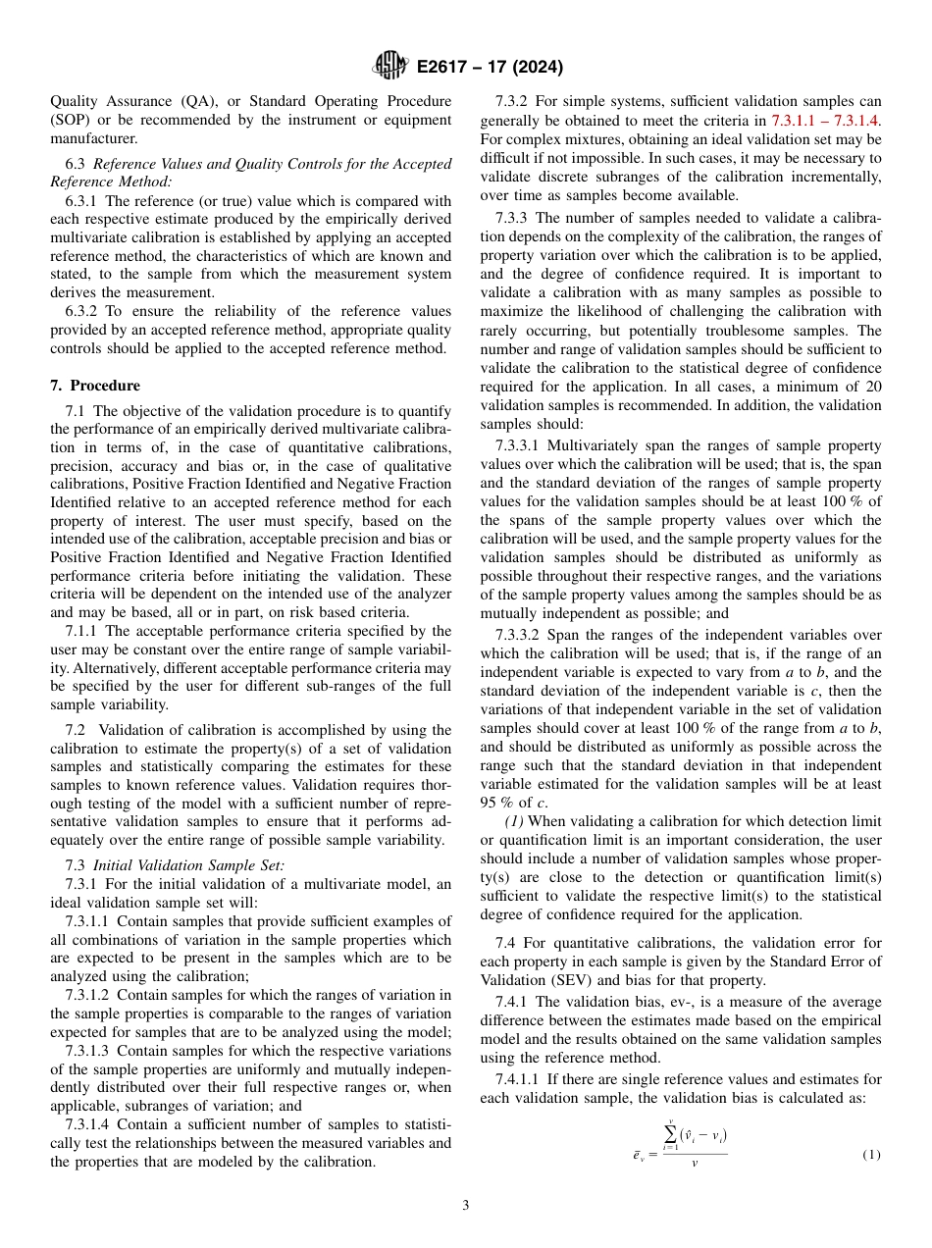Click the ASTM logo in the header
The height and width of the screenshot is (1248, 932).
(390, 67)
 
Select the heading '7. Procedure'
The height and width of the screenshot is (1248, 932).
(95, 386)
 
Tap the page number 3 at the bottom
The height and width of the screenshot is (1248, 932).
(466, 1206)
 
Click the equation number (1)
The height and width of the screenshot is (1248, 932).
(871, 1155)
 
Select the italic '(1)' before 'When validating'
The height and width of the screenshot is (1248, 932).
(513, 820)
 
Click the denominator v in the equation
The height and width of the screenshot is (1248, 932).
(694, 1164)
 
